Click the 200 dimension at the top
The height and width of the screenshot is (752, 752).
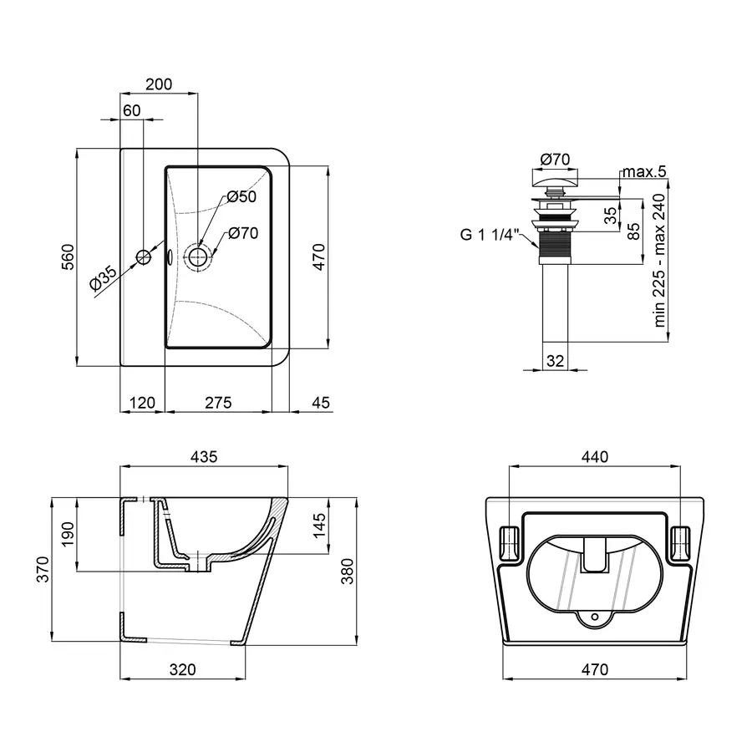click(x=158, y=84)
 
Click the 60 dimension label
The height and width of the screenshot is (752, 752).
click(x=131, y=110)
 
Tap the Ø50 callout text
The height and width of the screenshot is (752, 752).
click(x=241, y=197)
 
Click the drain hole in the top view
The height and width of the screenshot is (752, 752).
click(x=198, y=257)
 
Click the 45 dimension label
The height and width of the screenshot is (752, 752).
click(x=321, y=403)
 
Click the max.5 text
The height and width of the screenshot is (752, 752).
click(x=643, y=172)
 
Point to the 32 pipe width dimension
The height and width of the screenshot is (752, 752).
click(x=555, y=361)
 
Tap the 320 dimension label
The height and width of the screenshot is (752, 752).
click(x=182, y=669)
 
